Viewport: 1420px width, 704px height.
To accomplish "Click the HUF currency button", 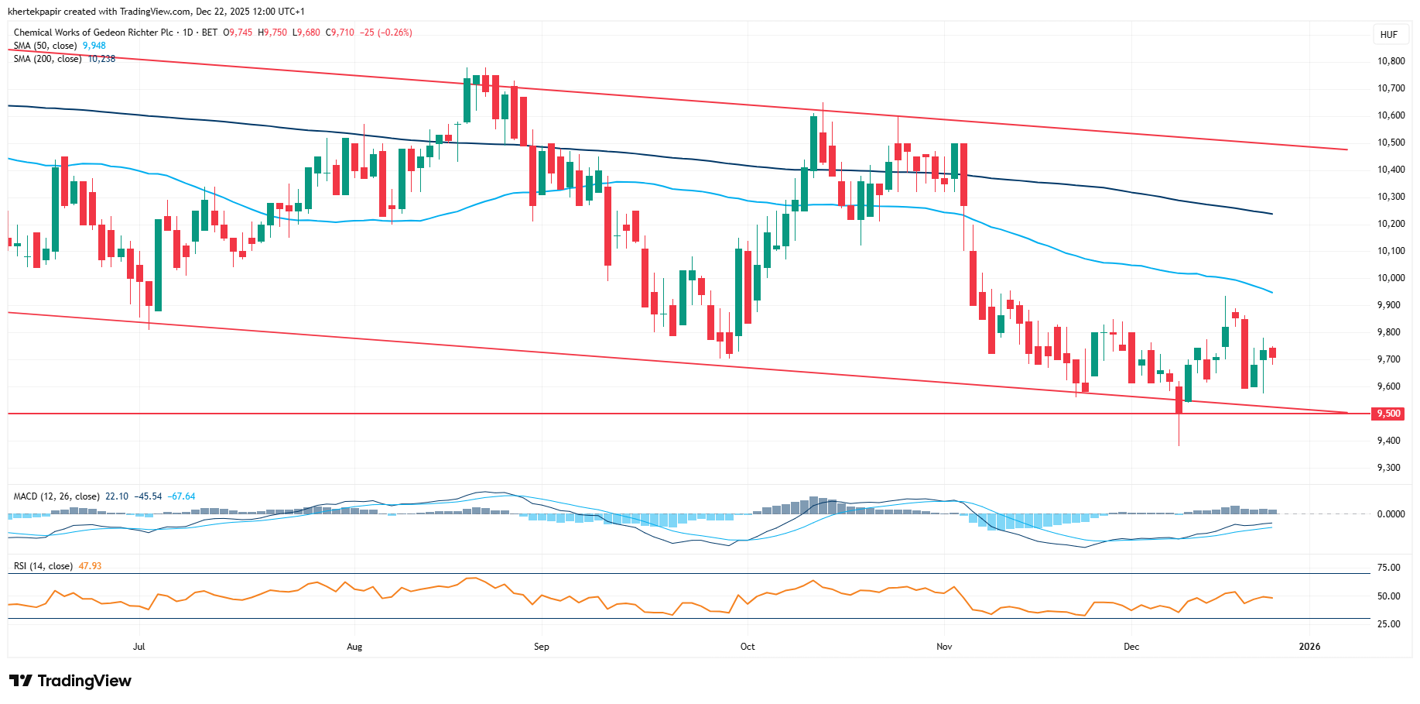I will click(1388, 34).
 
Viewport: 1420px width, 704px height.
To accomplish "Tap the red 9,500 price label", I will click(1388, 414).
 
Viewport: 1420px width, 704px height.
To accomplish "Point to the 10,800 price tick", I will click(1391, 61).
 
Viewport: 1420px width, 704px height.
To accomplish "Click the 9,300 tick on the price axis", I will click(1388, 468).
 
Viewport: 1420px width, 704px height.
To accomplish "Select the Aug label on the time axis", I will click(354, 647).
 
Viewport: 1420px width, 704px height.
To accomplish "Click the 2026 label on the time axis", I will click(1309, 647).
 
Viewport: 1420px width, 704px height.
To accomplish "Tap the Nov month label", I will click(944, 647).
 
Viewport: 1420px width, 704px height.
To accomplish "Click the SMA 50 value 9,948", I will click(94, 46).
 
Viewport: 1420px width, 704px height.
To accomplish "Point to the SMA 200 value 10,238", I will click(101, 59).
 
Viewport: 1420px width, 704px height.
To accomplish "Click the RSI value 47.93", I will click(91, 566).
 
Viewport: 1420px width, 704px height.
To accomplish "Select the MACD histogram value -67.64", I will click(183, 496).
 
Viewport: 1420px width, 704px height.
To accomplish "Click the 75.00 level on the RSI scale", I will click(1388, 568).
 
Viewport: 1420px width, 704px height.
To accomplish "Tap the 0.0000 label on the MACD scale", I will click(1391, 514).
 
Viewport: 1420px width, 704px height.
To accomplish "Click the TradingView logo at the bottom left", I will click(70, 681).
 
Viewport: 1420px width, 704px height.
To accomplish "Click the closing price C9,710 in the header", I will click(340, 33).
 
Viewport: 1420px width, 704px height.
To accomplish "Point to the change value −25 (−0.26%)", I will click(386, 33).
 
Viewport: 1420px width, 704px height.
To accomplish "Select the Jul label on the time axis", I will click(139, 647).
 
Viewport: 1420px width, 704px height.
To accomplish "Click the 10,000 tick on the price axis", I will click(1391, 278).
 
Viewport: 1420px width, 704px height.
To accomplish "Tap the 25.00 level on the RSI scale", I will click(1388, 624).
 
